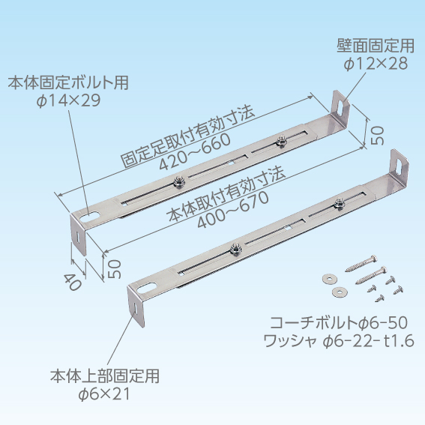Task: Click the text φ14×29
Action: (x=69, y=100)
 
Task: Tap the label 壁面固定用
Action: (x=376, y=46)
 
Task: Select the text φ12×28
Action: (x=376, y=64)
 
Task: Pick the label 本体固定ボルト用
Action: (x=68, y=82)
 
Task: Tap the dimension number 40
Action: (x=73, y=282)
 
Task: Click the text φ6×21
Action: (x=104, y=394)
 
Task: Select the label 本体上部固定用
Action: (x=105, y=376)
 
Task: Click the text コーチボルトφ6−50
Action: (x=339, y=322)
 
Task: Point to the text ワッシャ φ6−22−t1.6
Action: (x=339, y=341)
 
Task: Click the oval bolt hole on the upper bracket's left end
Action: (x=90, y=217)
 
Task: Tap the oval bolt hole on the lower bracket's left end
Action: (x=147, y=288)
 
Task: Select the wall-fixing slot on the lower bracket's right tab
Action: (x=400, y=166)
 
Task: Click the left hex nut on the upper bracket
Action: (x=178, y=181)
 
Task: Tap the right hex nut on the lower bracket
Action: (x=338, y=203)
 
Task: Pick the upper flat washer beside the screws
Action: (x=328, y=278)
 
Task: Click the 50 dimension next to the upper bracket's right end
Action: (x=377, y=135)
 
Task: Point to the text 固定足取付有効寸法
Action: (x=187, y=136)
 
